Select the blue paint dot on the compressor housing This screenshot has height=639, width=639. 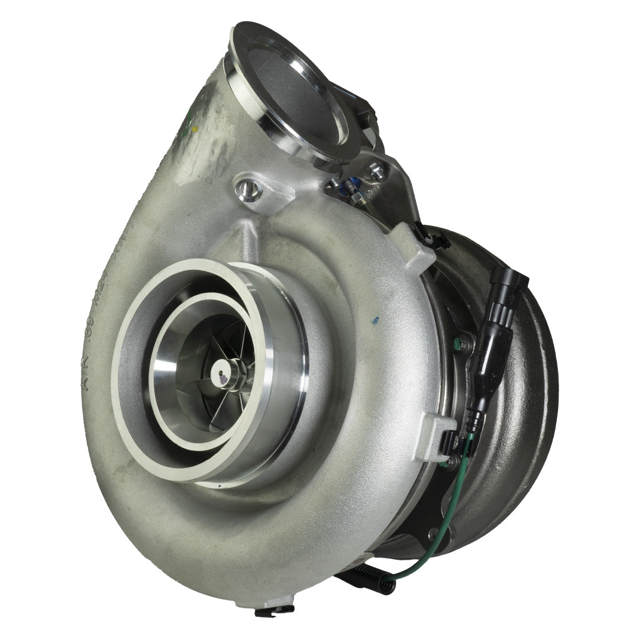(x=375, y=321)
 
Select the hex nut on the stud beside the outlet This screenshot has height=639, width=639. (x=376, y=172)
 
